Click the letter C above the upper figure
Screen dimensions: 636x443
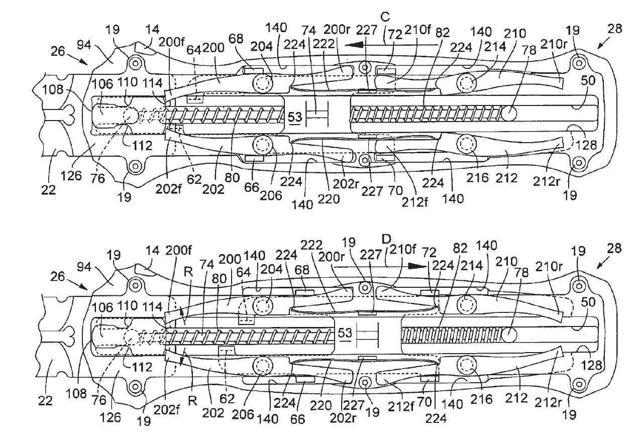tap(385, 18)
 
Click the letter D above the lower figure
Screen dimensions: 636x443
tap(386, 240)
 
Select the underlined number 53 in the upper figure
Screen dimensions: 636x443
tap(295, 117)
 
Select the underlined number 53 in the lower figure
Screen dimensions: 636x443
tap(345, 333)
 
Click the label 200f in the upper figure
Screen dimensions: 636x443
tap(171, 43)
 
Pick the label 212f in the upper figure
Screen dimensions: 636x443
tap(414, 202)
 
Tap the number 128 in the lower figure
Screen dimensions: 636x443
tap(592, 365)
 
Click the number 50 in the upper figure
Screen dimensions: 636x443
tap(588, 80)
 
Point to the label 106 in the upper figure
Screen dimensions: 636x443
tap(102, 84)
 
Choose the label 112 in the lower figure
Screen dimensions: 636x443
tap(142, 367)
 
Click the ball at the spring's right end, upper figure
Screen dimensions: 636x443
tap(508, 113)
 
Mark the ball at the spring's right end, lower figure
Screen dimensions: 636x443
tap(509, 335)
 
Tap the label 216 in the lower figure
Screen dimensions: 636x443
tap(481, 399)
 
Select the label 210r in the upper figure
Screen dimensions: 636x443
tap(554, 44)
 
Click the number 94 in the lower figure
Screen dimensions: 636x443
tap(84, 267)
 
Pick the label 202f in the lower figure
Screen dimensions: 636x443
tap(166, 409)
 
